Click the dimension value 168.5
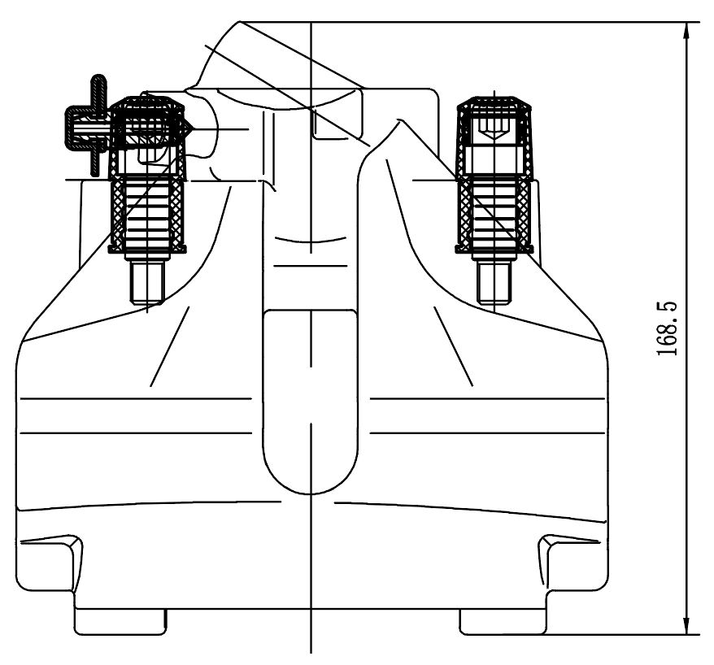pos(669,328)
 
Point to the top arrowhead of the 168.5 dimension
pos(688,29)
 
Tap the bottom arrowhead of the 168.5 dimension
pos(688,626)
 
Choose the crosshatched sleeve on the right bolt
pos(495,215)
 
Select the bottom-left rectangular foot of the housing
pos(120,622)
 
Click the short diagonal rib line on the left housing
pos(170,346)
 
